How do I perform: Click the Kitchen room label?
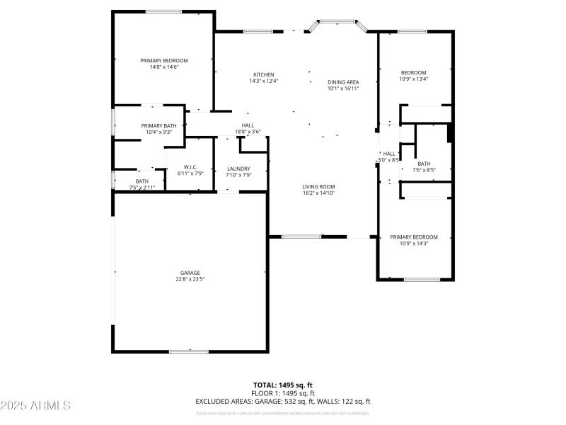[263, 74]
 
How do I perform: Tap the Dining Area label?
[343, 82]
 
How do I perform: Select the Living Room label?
[318, 186]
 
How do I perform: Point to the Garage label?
[190, 273]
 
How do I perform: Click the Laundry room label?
[238, 169]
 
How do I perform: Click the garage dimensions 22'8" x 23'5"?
[190, 279]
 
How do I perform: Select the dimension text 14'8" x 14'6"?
[163, 67]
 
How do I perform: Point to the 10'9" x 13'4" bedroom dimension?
[414, 79]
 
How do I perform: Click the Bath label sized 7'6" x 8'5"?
[424, 164]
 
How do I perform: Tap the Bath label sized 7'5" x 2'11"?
[142, 181]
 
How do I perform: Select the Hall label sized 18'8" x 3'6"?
[248, 125]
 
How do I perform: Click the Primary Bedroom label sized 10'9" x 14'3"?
[414, 237]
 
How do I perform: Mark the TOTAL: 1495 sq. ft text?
[283, 385]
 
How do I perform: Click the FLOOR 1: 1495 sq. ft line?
[283, 393]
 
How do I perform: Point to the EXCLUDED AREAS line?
[283, 402]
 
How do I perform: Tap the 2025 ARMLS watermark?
[36, 406]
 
